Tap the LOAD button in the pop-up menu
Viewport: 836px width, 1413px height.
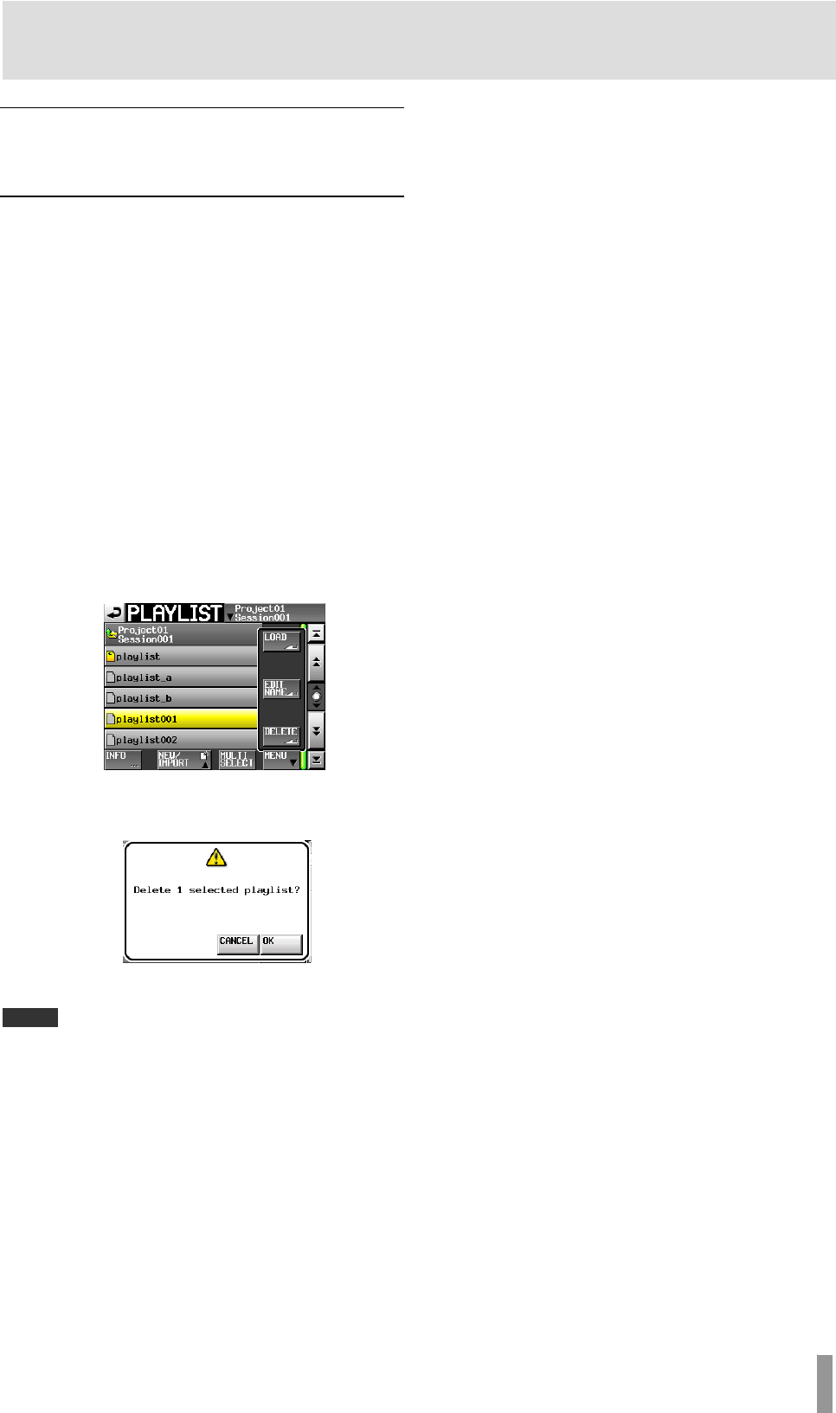coord(281,640)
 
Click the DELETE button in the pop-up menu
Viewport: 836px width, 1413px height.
coord(281,735)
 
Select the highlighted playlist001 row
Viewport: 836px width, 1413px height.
coord(181,719)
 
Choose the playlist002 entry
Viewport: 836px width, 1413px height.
coord(181,740)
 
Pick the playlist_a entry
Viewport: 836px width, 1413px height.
coord(181,678)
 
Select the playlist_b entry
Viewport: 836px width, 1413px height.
coord(181,698)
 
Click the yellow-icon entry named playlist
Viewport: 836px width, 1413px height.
coord(181,657)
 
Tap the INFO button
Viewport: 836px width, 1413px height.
coord(122,760)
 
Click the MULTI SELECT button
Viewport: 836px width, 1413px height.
coord(236,760)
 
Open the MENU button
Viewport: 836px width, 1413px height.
coord(281,760)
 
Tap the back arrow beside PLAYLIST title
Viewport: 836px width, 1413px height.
coord(114,613)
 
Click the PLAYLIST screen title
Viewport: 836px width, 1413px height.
coord(175,613)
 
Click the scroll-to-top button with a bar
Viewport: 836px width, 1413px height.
coord(317,633)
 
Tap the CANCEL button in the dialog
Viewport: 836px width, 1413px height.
coord(237,942)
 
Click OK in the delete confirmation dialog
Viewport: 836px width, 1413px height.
coord(281,942)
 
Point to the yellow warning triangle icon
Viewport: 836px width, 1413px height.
coord(216,857)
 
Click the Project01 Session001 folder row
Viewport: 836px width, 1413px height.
coord(181,635)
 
